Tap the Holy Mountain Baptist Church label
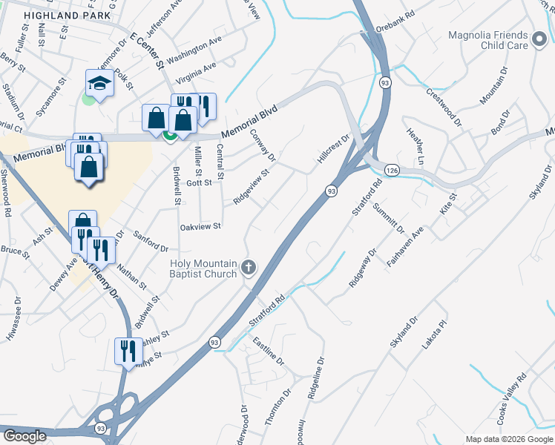203,268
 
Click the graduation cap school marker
99,85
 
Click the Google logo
24,436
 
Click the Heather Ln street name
416,146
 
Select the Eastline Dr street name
268,352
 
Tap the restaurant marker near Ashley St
128,352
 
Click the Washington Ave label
194,50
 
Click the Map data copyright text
508,439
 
